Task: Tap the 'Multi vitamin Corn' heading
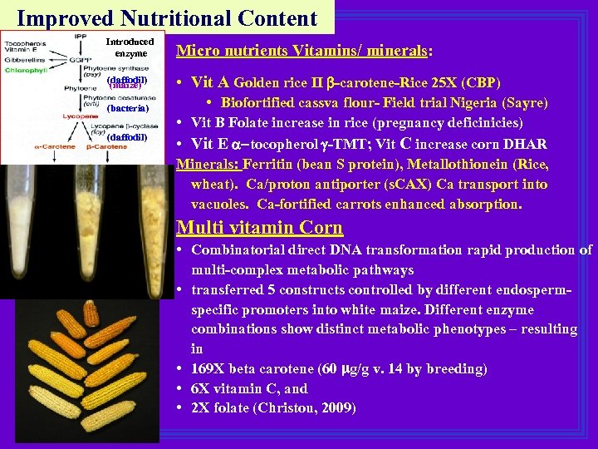[260, 227]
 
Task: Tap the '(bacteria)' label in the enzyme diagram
[128, 108]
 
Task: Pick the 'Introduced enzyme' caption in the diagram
[130, 47]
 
